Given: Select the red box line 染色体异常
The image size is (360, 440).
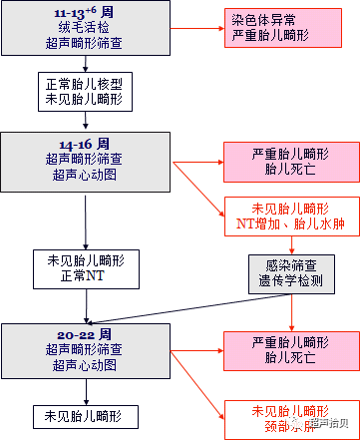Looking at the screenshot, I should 262,19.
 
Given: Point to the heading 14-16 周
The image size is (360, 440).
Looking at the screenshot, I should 91,145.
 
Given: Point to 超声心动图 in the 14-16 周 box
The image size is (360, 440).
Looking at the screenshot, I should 91,175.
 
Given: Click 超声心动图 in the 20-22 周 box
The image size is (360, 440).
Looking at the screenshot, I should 91,365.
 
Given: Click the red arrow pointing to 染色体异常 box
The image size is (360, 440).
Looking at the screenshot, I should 199,27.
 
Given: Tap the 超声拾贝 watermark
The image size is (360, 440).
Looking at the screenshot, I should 328,423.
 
